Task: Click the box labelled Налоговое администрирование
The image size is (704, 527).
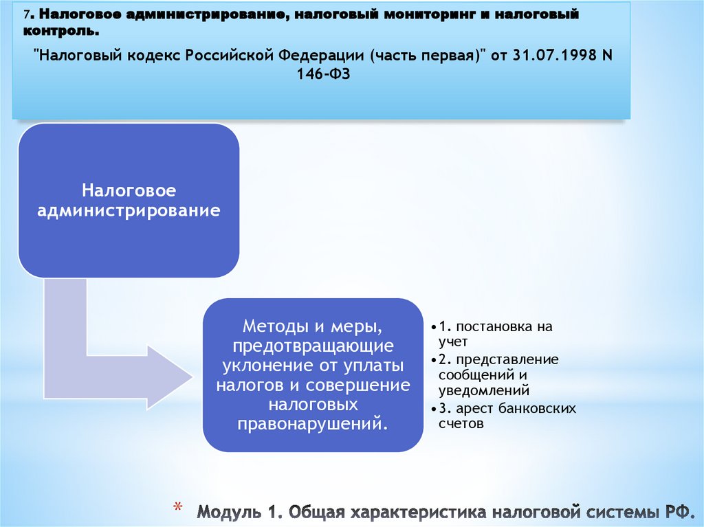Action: pyautogui.click(x=129, y=201)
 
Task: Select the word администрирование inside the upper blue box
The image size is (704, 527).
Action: pyautogui.click(x=129, y=210)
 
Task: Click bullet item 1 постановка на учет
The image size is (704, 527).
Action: pyautogui.click(x=494, y=333)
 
